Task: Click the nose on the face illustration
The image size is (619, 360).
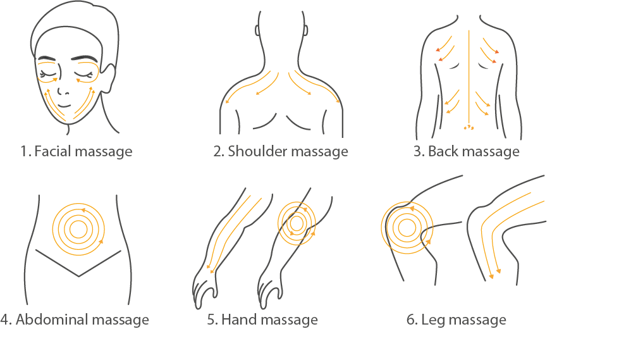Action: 63,91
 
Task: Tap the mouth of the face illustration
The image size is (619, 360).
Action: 63,106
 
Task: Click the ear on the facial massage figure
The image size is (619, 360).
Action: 109,78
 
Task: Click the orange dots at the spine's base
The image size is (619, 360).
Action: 469,127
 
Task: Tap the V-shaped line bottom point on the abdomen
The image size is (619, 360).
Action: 78,276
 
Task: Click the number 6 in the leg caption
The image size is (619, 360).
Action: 410,320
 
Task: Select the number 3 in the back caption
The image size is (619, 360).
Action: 417,151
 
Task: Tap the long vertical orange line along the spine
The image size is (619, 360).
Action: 469,77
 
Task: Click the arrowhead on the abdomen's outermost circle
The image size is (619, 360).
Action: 101,240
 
